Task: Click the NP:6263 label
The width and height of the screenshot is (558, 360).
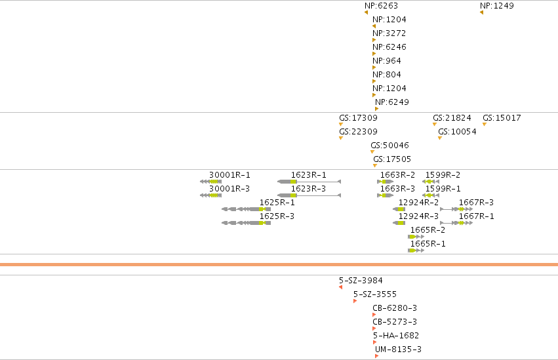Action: coord(381,6)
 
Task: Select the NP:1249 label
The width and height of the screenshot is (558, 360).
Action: coord(497,6)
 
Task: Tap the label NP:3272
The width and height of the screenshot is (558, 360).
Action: coord(389,33)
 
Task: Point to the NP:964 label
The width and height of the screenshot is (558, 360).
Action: coord(387,61)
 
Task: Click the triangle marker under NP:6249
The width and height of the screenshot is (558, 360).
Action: coord(376,109)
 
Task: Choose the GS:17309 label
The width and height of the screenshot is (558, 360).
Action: coord(359,118)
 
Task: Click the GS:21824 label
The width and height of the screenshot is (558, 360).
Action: coord(452,118)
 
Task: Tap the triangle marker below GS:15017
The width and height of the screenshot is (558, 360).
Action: coord(485,124)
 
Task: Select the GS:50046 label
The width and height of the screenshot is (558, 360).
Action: coord(389,146)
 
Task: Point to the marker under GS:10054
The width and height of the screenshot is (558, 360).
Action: coord(440,138)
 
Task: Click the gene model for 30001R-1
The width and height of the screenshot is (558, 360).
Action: coord(210,182)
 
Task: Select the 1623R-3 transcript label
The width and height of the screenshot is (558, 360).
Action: coord(309,189)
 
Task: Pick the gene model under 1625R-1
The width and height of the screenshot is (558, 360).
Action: coord(247,209)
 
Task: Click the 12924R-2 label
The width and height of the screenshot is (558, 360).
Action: coord(418,203)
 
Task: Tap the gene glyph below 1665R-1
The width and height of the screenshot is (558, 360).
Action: coord(416,250)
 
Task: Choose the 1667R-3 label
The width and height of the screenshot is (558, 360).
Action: coord(476,203)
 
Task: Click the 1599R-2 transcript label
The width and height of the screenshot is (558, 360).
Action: coord(443,175)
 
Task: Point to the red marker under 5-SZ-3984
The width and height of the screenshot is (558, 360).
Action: coord(340,287)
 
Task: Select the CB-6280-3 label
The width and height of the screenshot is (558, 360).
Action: coord(395,308)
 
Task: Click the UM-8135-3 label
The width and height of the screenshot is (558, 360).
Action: coord(398,350)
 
